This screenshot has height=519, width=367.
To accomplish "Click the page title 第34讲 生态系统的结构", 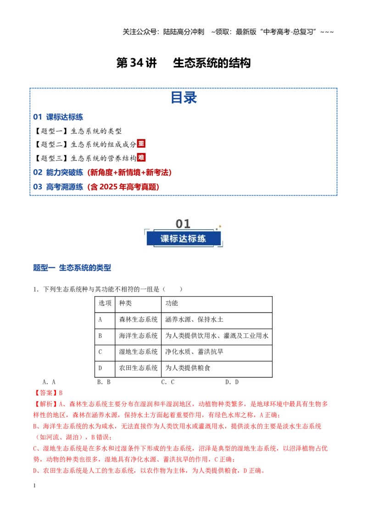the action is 183,63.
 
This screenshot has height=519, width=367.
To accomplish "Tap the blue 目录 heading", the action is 184,98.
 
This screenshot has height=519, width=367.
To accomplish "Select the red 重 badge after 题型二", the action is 141,144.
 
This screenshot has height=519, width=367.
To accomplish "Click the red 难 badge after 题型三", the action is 141,158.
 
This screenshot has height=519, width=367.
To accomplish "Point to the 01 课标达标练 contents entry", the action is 58,117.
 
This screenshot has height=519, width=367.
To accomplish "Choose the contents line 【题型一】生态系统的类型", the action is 78,131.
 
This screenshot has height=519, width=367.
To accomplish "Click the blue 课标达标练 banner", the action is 183,239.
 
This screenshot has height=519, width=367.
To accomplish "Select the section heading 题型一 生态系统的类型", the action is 72,268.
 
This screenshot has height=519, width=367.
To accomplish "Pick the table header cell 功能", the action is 172,303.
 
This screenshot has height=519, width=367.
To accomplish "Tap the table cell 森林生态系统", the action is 139,320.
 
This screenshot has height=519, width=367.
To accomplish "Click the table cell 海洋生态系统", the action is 139,336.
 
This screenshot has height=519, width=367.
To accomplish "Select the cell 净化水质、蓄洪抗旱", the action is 194,352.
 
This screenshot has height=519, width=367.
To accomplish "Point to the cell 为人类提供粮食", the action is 188,368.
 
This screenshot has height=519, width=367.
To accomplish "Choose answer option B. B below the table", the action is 104,382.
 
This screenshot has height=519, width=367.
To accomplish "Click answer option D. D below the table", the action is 232,382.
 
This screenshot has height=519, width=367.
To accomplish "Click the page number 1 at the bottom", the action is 34,486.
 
